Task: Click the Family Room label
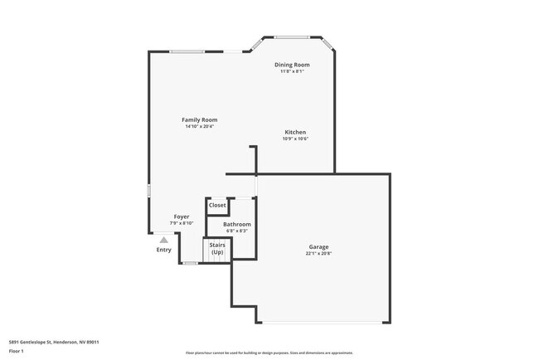(199, 119)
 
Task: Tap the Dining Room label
(292, 65)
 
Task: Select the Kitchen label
(296, 132)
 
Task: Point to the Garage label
(319, 246)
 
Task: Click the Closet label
(217, 205)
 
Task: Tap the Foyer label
(182, 216)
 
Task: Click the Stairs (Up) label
(217, 248)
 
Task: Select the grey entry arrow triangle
(164, 241)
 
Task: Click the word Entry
(164, 250)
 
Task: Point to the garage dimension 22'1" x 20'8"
(319, 254)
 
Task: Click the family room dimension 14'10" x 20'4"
(199, 126)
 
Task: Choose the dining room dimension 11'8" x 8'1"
(292, 71)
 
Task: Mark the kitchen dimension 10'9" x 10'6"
(296, 139)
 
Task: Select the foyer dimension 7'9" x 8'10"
(182, 223)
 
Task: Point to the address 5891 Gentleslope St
(41, 340)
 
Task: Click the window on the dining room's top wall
(292, 36)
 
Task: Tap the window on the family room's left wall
(149, 190)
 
